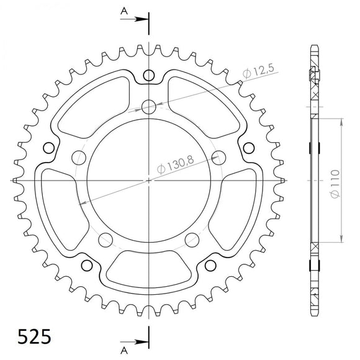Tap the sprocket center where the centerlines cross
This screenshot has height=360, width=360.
pos(149,180)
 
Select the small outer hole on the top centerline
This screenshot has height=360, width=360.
pos(149,76)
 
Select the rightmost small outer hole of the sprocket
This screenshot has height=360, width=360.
pos(248,147)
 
